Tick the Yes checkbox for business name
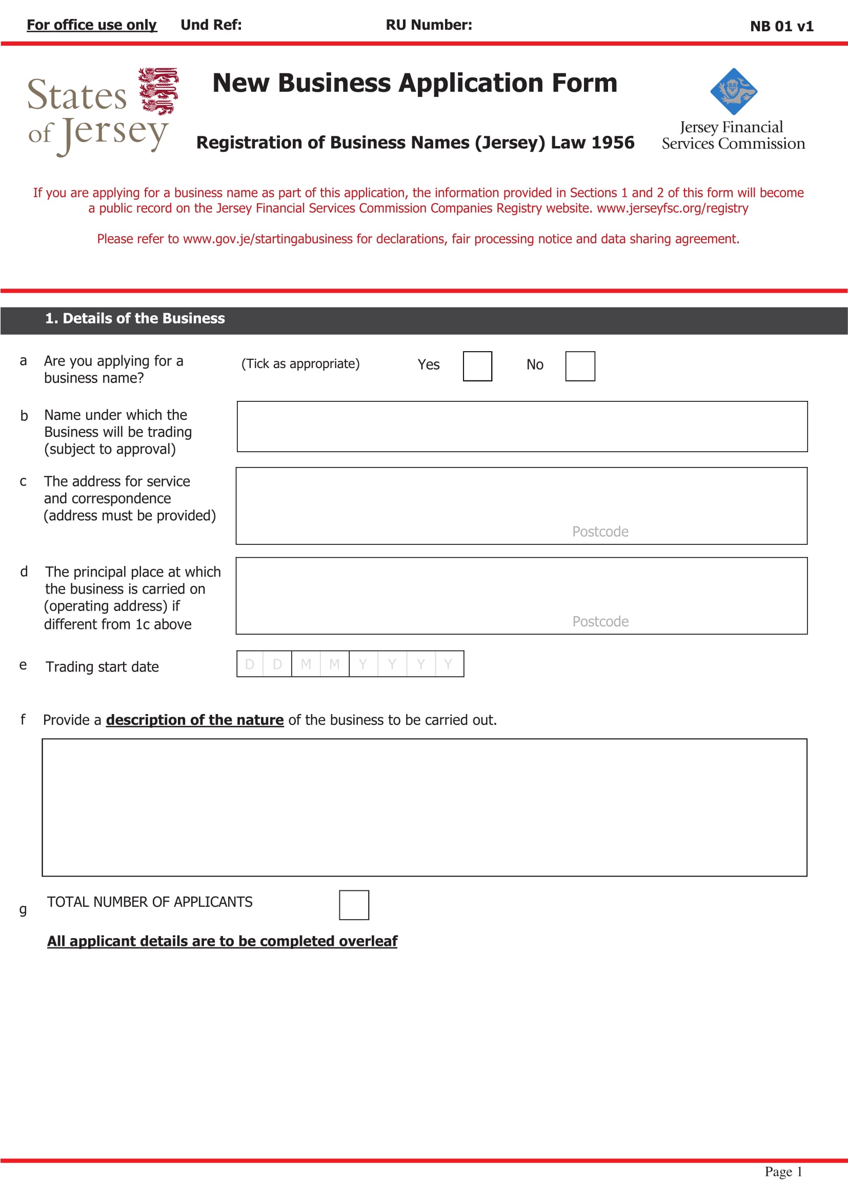tap(477, 366)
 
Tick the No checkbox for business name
tap(580, 366)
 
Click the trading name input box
tap(521, 426)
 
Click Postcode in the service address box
tap(600, 531)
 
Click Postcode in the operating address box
tap(600, 621)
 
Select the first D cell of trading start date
tap(250, 664)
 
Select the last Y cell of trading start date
tap(448, 664)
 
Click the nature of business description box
tap(424, 807)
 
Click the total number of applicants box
tap(354, 904)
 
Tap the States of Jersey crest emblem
tap(158, 91)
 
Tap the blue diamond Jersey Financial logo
tap(733, 91)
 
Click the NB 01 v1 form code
tap(781, 26)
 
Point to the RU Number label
tap(428, 25)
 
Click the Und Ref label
tap(211, 25)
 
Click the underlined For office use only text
tap(91, 25)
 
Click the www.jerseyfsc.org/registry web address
tap(672, 208)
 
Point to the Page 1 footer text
tap(783, 1171)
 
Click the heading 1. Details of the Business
tap(135, 318)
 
